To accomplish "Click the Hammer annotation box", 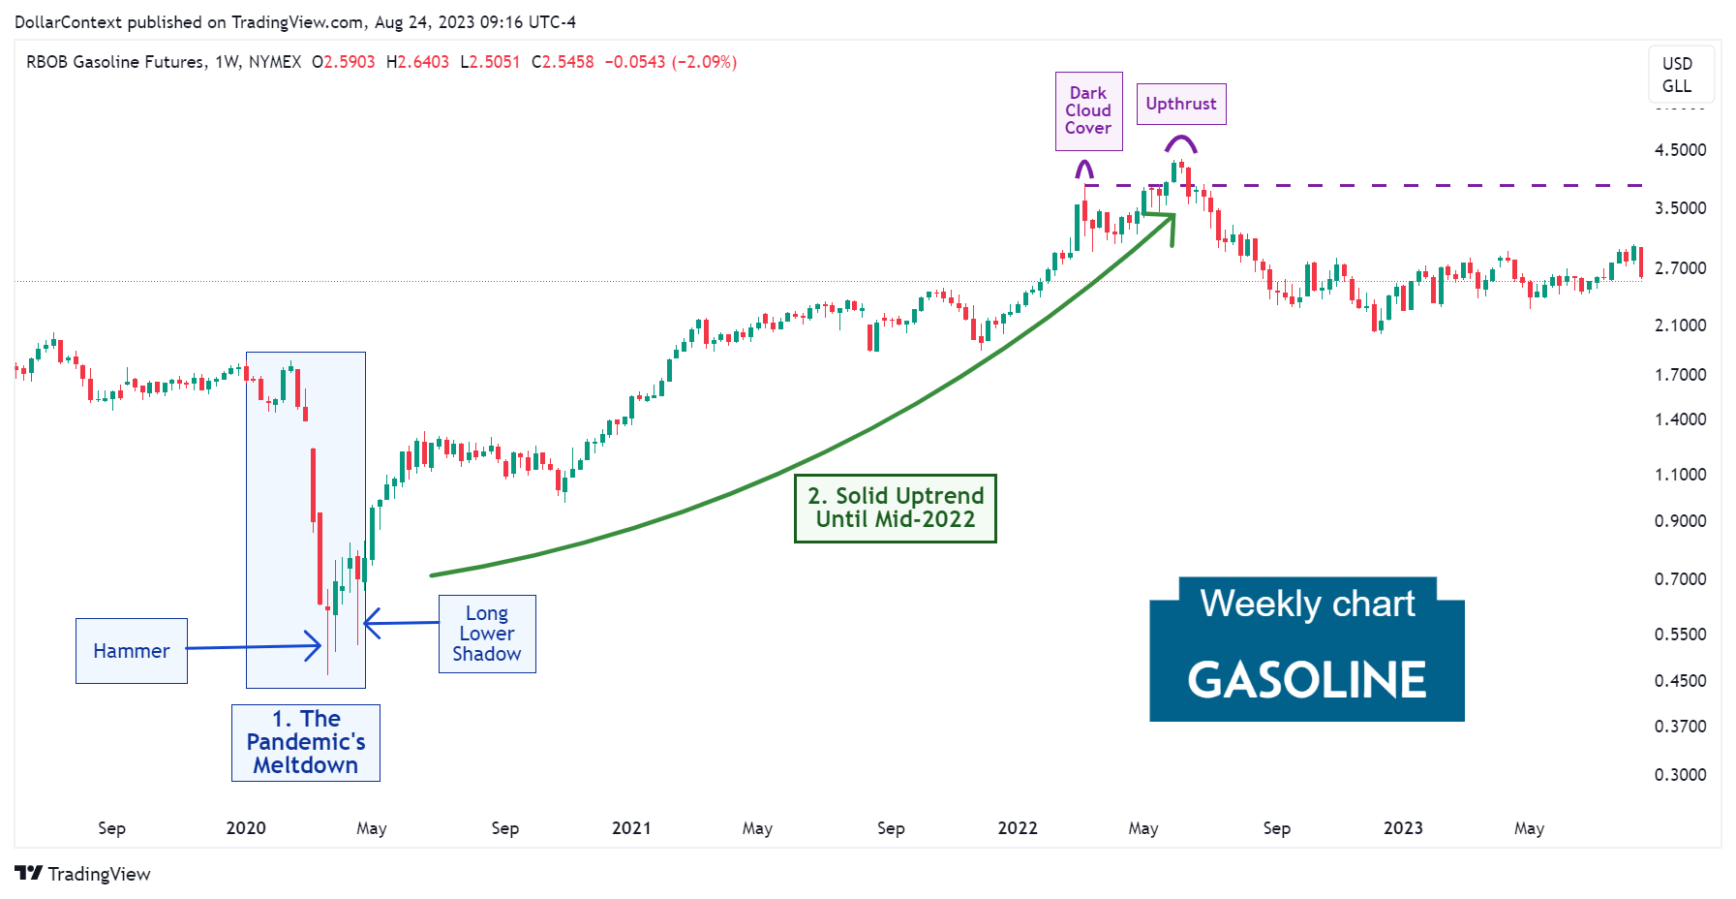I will point(131,651).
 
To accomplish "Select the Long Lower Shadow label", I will point(486,634).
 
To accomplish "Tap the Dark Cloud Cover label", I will point(1088,110).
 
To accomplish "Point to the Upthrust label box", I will point(1180,104).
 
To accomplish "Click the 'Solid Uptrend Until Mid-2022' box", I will point(895,508).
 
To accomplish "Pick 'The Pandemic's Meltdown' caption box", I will point(305,742).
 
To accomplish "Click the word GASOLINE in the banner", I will point(1306,679).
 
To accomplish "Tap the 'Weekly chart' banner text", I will point(1306,604).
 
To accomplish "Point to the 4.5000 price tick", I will point(1680,150).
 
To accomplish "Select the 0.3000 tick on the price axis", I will point(1680,774).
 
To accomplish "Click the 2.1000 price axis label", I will point(1680,325).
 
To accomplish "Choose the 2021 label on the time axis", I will point(631,828).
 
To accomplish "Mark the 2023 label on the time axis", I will point(1403,828).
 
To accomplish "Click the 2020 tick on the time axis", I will point(246,828).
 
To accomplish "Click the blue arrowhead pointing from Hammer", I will point(313,645).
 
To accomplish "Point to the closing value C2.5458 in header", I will point(563,62).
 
